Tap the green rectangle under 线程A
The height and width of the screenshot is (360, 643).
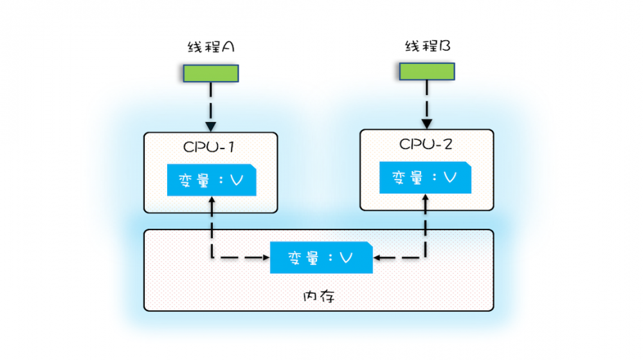click(211, 73)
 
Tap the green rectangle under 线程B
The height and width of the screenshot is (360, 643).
click(427, 71)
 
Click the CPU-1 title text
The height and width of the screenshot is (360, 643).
click(209, 146)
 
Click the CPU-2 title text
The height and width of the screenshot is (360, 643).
click(426, 143)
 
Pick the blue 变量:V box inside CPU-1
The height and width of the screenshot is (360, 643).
click(212, 180)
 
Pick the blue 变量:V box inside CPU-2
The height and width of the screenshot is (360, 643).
click(425, 177)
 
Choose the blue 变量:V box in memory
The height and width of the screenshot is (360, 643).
click(321, 258)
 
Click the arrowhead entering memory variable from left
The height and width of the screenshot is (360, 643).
click(265, 258)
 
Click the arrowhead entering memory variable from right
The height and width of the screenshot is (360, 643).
click(378, 258)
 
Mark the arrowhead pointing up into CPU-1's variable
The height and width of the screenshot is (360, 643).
click(211, 200)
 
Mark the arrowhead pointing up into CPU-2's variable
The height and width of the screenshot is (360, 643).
click(425, 197)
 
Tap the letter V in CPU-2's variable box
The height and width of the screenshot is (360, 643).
click(450, 178)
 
